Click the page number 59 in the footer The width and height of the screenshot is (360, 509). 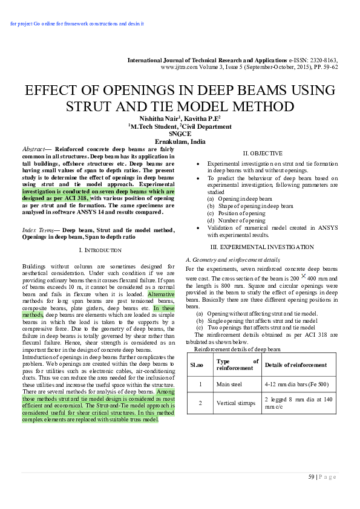(x=312, y=477)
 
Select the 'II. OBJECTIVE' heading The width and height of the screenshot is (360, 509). (x=262, y=153)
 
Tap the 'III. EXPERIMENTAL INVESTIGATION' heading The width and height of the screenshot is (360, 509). (x=262, y=247)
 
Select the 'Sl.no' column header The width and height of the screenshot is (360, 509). (x=197, y=365)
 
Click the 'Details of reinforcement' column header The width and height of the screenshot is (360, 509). (x=296, y=365)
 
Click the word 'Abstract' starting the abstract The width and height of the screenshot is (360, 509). (x=33, y=149)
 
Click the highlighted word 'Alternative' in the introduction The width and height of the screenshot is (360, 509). (x=161, y=294)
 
